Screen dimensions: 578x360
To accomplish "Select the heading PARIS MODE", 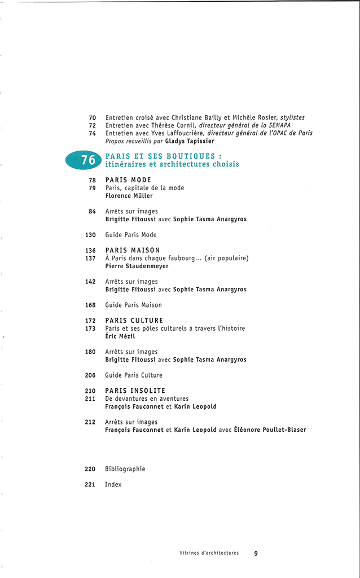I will pyautogui.click(x=128, y=180).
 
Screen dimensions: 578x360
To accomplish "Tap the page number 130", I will pyautogui.click(x=90, y=235).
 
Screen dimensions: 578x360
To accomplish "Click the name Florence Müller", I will pyautogui.click(x=128, y=196).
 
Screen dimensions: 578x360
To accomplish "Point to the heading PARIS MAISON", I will pyautogui.click(x=133, y=250).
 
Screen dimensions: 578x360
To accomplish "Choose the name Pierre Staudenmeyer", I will pyautogui.click(x=137, y=266).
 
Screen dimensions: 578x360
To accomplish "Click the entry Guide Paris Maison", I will pyautogui.click(x=133, y=305).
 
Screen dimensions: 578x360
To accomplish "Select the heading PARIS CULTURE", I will pyautogui.click(x=134, y=321).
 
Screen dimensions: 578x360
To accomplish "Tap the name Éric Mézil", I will pyautogui.click(x=120, y=336).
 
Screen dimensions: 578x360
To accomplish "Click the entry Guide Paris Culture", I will pyautogui.click(x=134, y=375).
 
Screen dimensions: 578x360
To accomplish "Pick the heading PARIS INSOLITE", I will pyautogui.click(x=135, y=391).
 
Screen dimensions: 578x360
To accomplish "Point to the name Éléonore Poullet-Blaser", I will pyautogui.click(x=270, y=430).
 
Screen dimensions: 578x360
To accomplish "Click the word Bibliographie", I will pyautogui.click(x=125, y=468).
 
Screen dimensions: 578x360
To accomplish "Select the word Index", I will pyautogui.click(x=113, y=484).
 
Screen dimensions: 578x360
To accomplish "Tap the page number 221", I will pyautogui.click(x=90, y=484).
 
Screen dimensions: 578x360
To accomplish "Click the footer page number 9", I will pyautogui.click(x=256, y=553).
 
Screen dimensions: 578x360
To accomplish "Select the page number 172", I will pyautogui.click(x=90, y=321).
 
